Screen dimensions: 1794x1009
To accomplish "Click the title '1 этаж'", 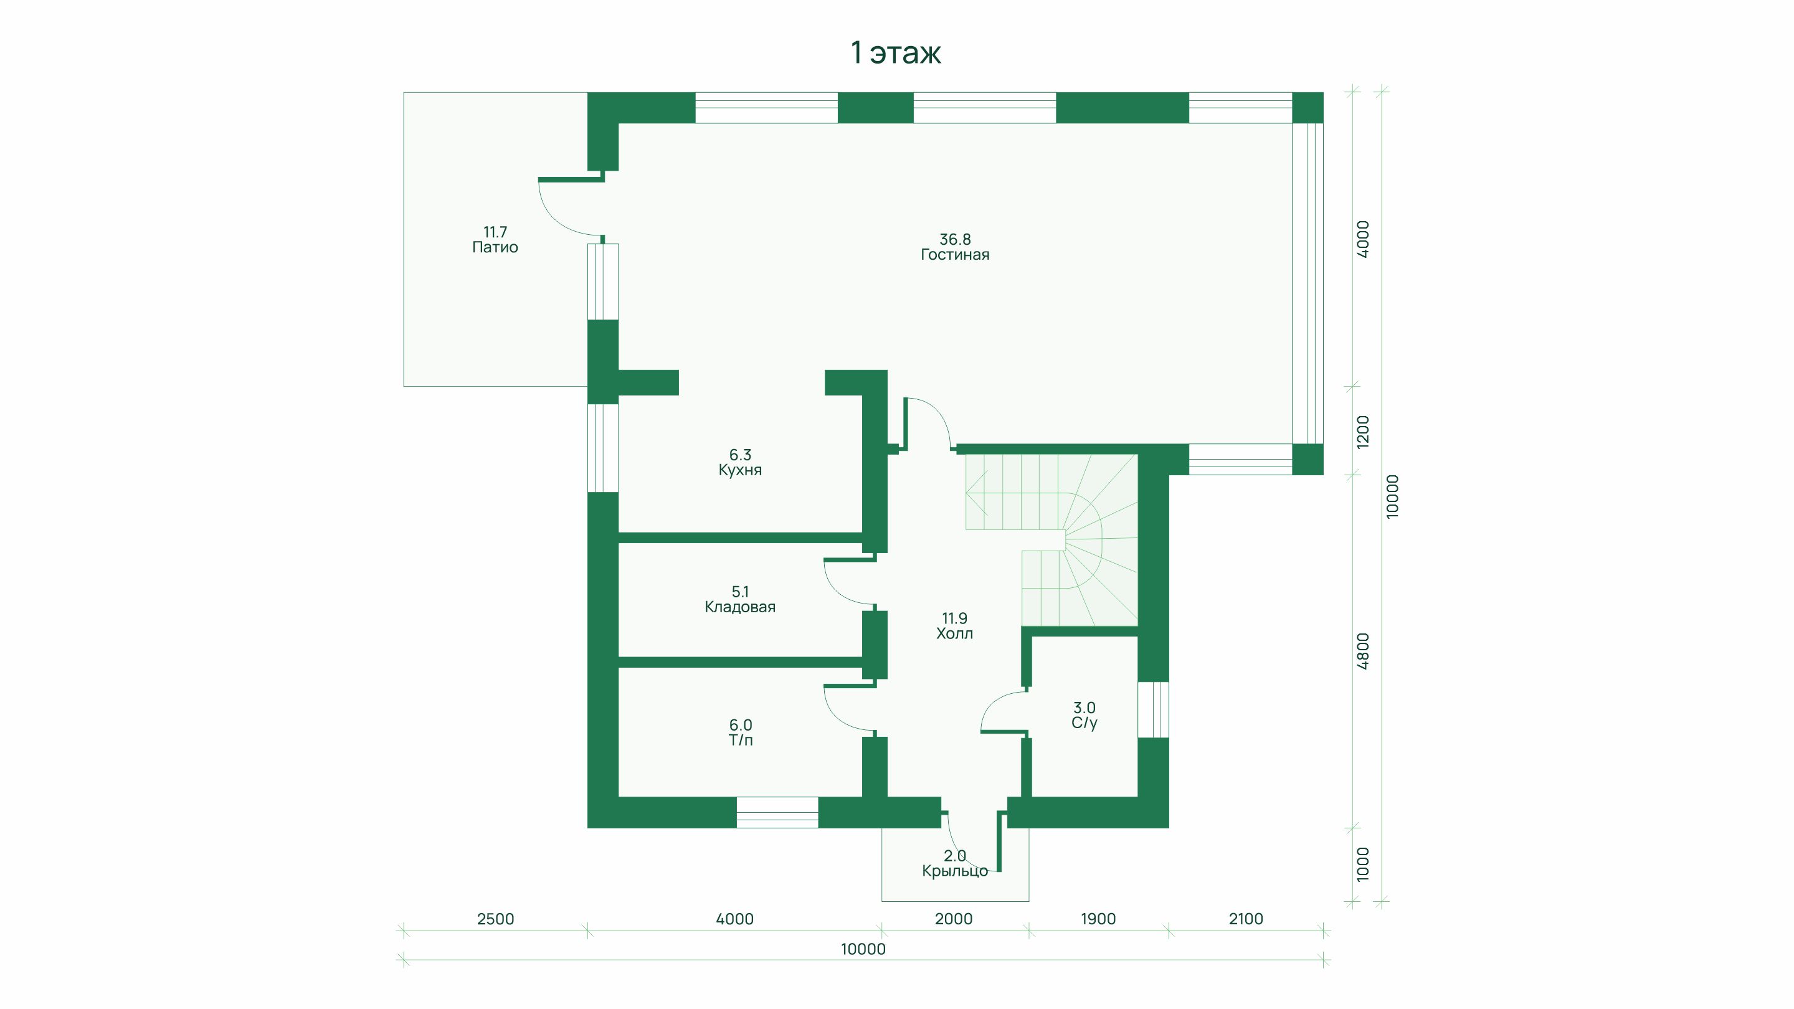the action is pos(896,53).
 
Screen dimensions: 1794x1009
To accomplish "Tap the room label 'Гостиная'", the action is pos(955,255).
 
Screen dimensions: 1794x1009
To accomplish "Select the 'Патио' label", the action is pos(495,247).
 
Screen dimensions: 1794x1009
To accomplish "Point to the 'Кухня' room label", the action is pos(740,470).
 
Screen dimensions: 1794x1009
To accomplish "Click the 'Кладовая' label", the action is pos(740,607).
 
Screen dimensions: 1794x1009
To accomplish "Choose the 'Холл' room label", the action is pos(955,633).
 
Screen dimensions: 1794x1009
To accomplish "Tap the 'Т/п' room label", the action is pos(741,740).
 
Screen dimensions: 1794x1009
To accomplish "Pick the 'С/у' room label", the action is pos(1084,724).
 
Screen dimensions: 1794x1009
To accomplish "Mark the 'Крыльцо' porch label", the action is pos(955,871).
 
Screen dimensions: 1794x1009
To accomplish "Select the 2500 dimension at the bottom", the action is pos(496,919).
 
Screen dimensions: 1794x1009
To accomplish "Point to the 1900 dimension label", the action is pos(1098,919).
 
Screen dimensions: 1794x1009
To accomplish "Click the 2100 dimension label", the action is pos(1246,919).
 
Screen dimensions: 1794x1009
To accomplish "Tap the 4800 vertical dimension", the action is pos(1364,651).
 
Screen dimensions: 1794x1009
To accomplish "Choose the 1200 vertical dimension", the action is pos(1364,432).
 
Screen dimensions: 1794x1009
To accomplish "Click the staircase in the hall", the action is pos(1051,539).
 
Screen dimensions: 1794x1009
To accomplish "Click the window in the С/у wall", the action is pos(1153,709).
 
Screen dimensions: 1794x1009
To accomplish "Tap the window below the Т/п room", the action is pos(777,813).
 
